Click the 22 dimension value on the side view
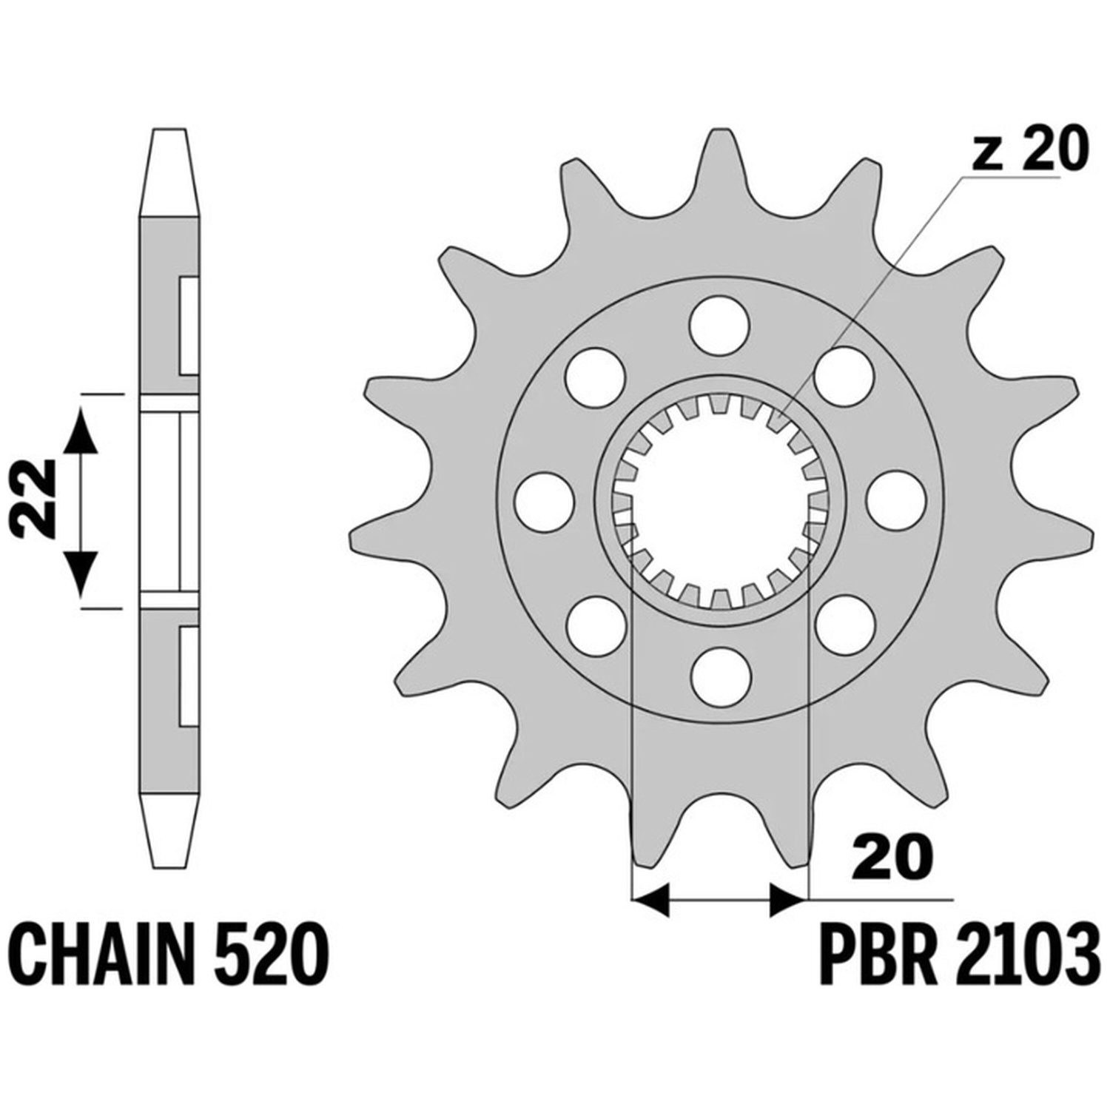click(x=36, y=496)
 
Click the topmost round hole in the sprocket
click(x=719, y=324)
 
